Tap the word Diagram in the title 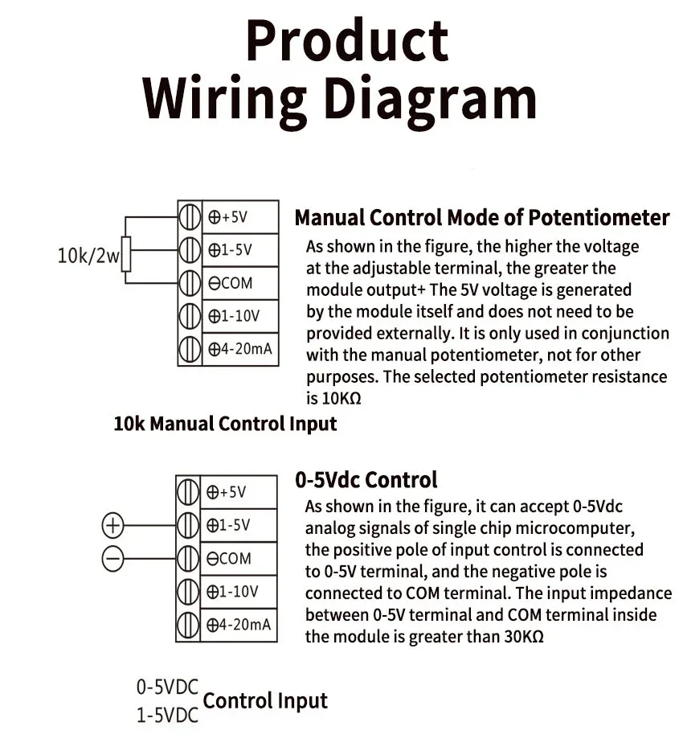click(x=425, y=98)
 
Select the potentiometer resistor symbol click(x=125, y=253)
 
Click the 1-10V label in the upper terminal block click(x=234, y=316)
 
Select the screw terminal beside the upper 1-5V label click(x=189, y=250)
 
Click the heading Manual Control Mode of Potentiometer click(x=481, y=218)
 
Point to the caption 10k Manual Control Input click(x=225, y=423)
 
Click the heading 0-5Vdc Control click(x=366, y=480)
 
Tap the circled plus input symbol click(x=113, y=526)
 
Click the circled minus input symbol click(x=113, y=557)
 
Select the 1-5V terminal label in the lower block click(x=230, y=526)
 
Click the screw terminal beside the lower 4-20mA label click(x=188, y=624)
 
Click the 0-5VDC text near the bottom click(x=166, y=687)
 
